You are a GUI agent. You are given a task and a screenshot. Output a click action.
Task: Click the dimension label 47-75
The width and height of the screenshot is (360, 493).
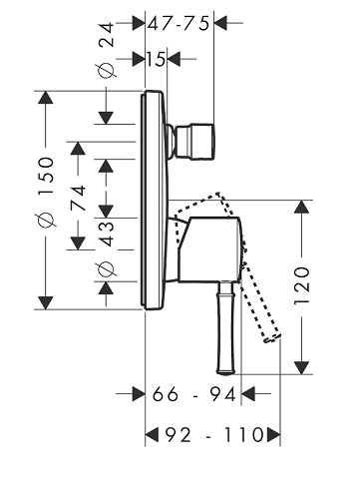tap(179, 24)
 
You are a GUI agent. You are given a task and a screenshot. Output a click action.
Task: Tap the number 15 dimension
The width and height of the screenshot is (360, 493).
tap(156, 60)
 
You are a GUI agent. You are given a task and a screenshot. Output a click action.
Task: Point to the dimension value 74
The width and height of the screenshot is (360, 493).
tap(79, 199)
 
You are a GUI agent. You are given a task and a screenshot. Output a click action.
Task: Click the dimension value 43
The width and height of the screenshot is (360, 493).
tap(107, 234)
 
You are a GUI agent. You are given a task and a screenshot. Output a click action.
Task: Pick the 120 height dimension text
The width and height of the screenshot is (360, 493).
tap(302, 285)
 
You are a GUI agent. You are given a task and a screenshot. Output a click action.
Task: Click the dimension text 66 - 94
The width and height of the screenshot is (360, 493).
tap(194, 394)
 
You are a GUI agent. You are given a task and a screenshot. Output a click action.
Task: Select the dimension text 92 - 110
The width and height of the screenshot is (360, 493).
tap(214, 435)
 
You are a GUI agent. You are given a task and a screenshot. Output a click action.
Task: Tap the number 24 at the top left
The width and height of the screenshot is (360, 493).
tap(107, 35)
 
